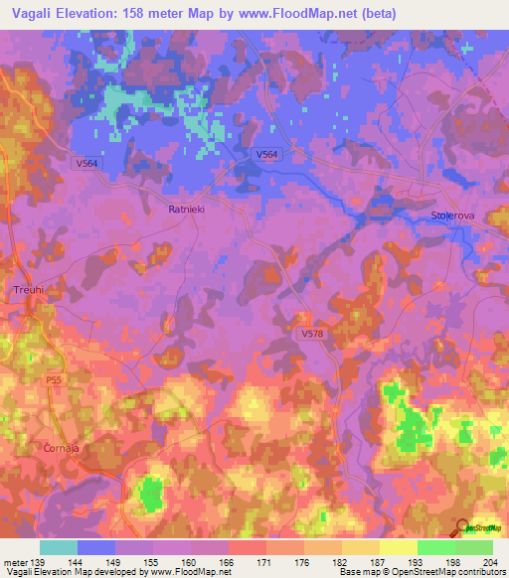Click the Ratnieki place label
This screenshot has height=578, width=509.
click(x=186, y=210)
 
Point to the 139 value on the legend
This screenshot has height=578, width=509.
click(x=41, y=562)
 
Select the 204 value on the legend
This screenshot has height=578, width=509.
click(x=492, y=562)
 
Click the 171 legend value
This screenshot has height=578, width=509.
click(x=266, y=562)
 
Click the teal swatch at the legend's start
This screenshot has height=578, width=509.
click(x=59, y=547)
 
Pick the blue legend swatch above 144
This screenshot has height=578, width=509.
click(x=96, y=547)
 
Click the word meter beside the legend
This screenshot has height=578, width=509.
click(x=14, y=562)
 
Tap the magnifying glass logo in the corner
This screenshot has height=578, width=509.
click(x=463, y=528)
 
